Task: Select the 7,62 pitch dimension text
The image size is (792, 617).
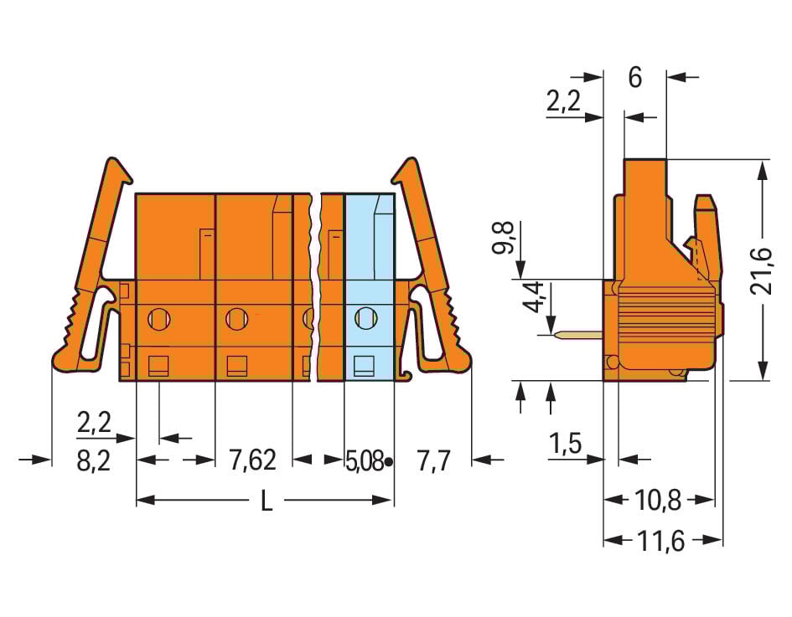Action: pos(251,460)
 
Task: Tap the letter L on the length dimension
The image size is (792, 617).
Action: pos(266,501)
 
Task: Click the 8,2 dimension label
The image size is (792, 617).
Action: pos(94,461)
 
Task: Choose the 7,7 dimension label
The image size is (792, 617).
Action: pos(434,460)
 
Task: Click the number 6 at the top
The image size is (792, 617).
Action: pos(634,78)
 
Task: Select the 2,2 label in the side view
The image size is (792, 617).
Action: pos(563,102)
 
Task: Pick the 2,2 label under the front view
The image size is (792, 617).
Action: pos(94,423)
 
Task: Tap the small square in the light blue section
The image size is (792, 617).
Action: pos(364,365)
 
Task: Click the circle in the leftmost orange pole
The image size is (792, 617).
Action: pos(158,318)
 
